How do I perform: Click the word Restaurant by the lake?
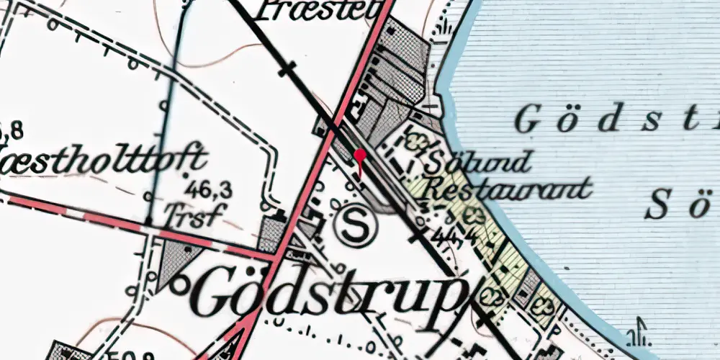pos(508,189)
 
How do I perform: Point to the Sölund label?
pos(478,161)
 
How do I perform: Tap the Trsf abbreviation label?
pos(191,214)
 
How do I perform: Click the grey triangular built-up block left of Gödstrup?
pos(173,261)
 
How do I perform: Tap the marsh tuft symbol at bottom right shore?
pos(636,335)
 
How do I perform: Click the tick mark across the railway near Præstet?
pos(288,70)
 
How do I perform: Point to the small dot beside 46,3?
pos(186,175)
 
